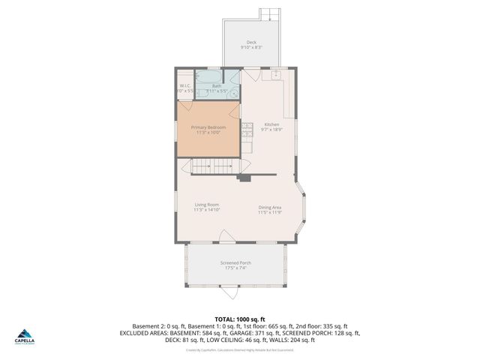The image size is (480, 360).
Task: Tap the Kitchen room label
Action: pyautogui.click(x=271, y=124)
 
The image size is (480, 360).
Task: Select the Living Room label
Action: pyautogui.click(x=206, y=205)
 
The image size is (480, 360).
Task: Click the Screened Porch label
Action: pyautogui.click(x=235, y=263)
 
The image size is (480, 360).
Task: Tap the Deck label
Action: pyautogui.click(x=251, y=42)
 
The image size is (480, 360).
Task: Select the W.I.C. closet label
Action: pyautogui.click(x=185, y=86)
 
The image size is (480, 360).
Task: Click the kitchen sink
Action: pyautogui.click(x=277, y=75)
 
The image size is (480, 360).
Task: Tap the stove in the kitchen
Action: pyautogui.click(x=247, y=132)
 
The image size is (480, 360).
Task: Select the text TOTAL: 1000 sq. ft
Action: pyautogui.click(x=240, y=319)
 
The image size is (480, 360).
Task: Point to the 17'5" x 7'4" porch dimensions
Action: pyautogui.click(x=235, y=268)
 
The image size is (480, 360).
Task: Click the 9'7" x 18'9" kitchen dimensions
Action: pyautogui.click(x=271, y=130)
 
